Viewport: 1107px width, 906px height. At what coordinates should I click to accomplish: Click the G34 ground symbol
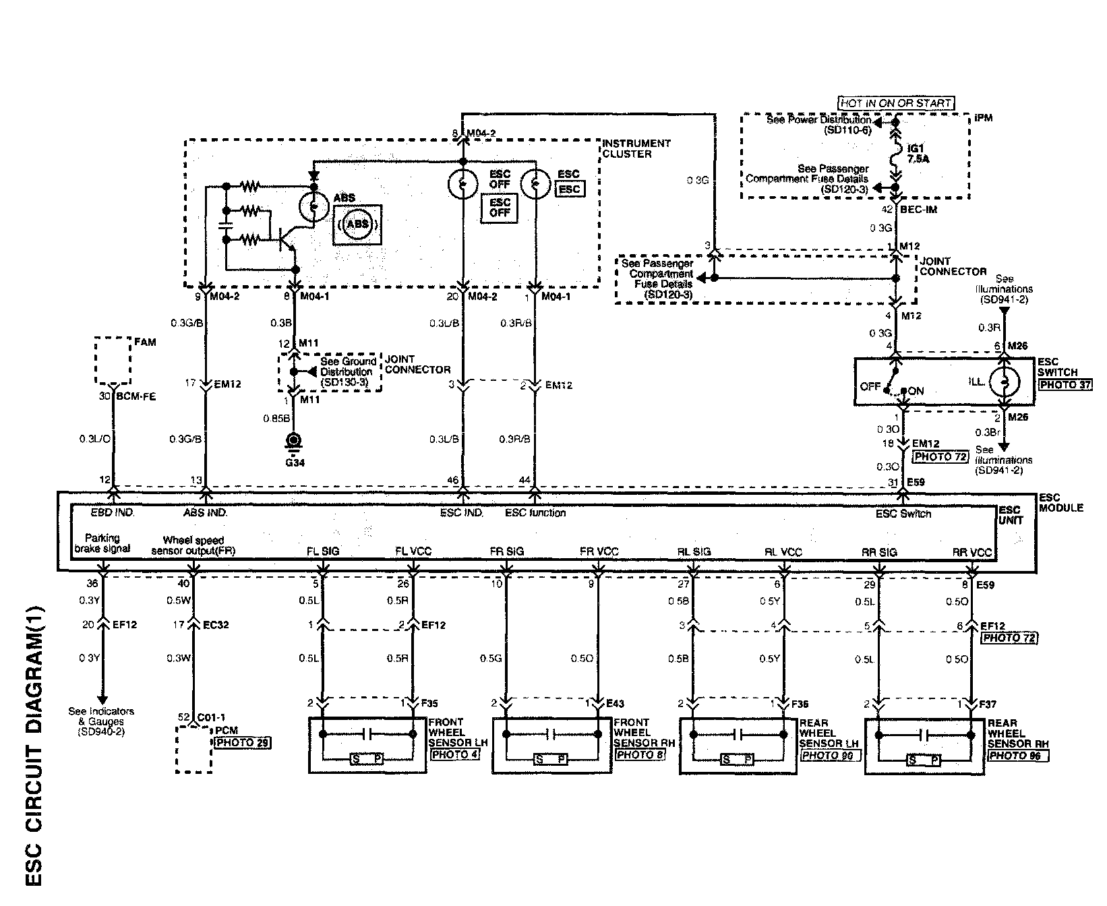coord(293,442)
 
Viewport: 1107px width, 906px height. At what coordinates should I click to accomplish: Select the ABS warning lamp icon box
coord(357,224)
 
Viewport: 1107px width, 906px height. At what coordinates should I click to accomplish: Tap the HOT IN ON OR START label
coord(896,103)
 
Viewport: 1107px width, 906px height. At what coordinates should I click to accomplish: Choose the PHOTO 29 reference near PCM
coord(243,742)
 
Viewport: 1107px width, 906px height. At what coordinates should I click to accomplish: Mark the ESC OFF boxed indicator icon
coord(500,208)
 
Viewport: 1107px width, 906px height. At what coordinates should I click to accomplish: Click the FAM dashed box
coord(113,361)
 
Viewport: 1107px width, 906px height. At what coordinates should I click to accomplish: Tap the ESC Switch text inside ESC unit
coord(903,514)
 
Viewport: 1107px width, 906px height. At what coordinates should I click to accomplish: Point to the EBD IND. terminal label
coord(113,512)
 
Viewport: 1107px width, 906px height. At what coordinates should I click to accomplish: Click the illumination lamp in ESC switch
coord(1004,382)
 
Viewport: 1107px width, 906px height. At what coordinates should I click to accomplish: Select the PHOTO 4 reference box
coord(454,754)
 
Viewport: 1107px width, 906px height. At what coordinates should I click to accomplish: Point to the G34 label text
coord(293,462)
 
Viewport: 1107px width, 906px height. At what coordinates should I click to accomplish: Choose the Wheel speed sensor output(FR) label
coord(193,545)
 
